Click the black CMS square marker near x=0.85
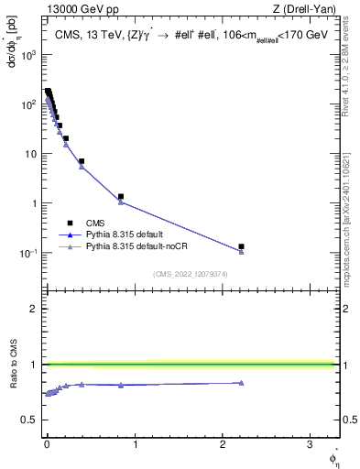pyautogui.click(x=121, y=196)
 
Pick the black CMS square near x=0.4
pyautogui.click(x=82, y=161)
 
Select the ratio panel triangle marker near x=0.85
pyautogui.click(x=121, y=385)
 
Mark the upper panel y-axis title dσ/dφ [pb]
pyautogui.click(x=11, y=43)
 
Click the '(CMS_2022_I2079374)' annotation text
pyautogui.click(x=190, y=274)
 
